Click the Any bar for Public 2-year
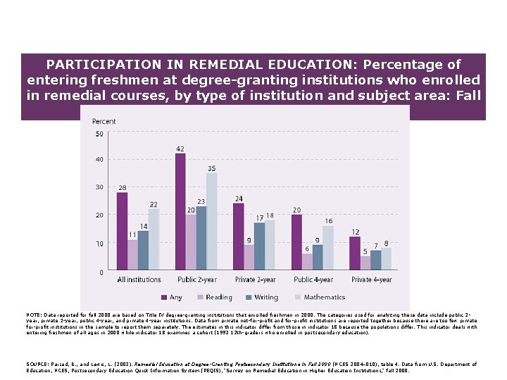tap(180, 212)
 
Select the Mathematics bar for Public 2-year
tap(212, 222)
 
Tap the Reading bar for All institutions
tap(132, 255)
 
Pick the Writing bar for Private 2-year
tap(259, 246)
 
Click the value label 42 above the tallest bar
tap(180, 149)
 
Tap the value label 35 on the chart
tap(212, 168)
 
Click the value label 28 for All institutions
tap(122, 188)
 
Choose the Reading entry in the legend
tap(214, 298)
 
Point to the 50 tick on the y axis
tap(99, 134)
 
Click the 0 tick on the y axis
tap(101, 272)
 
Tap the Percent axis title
tap(104, 122)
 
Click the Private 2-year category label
tap(255, 280)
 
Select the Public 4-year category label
tap(313, 280)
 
